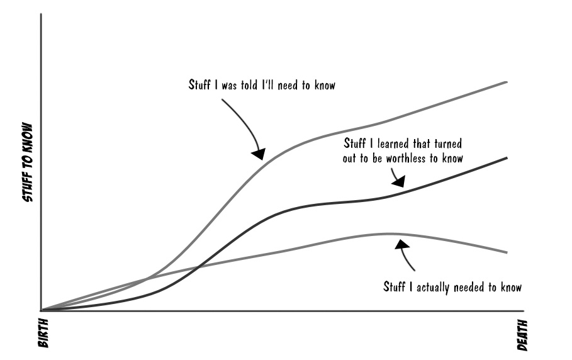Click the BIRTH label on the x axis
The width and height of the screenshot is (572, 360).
coord(43,333)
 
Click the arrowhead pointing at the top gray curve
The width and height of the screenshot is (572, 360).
coord(259,153)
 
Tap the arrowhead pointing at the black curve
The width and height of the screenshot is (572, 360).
coord(398,182)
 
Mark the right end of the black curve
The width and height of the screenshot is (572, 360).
coord(507,157)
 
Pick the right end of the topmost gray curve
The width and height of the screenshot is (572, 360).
coord(507,82)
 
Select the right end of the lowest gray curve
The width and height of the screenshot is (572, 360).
coord(507,253)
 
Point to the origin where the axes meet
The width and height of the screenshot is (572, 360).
coord(42,310)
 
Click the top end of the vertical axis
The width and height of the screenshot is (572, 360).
coord(42,14)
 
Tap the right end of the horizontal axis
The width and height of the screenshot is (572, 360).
coord(523,310)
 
